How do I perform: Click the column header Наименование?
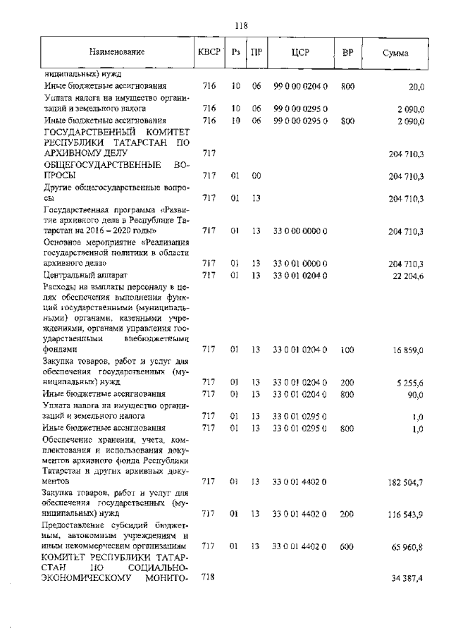click(x=117, y=52)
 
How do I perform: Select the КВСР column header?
click(x=209, y=52)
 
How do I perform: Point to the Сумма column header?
click(x=396, y=53)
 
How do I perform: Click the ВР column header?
click(x=347, y=52)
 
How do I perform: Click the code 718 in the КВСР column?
click(x=208, y=577)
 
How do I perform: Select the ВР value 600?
click(x=347, y=546)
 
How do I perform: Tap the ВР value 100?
click(x=347, y=349)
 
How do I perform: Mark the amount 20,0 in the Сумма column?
click(x=416, y=87)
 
